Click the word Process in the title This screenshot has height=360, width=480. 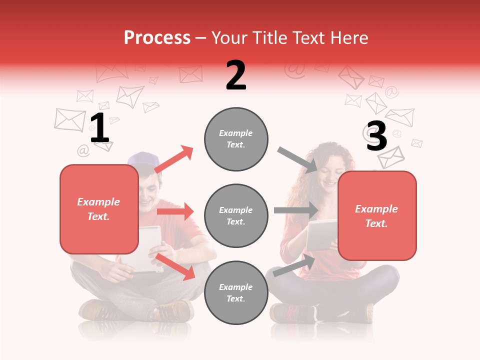157,37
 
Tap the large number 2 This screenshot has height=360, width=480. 236,75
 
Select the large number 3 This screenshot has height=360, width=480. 376,136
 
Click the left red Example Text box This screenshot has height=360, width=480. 99,209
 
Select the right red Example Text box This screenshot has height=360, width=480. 377,216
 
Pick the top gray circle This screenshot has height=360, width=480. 236,139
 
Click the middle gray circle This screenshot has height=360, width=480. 236,216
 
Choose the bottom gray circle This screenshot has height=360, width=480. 236,293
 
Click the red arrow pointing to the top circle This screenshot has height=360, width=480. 174,159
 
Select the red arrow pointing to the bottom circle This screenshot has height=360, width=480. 175,266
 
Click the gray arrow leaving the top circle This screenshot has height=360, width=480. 297,159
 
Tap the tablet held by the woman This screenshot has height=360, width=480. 321,235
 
